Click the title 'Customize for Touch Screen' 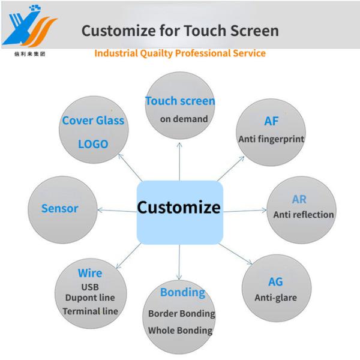point(180,29)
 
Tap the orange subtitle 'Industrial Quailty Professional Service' point(180,53)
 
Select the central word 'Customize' point(179,208)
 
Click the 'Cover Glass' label point(93,120)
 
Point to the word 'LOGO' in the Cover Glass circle point(93,144)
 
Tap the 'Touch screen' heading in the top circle point(180,100)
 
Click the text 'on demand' point(184,118)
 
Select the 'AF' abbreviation point(271,121)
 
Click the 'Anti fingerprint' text point(271,139)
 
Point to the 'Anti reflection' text point(304,214)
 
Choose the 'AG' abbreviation point(275,281)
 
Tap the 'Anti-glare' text point(275,297)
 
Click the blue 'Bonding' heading point(182,292)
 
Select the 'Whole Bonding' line point(180,330)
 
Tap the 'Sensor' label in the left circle point(60,208)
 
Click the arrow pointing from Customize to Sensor point(116,208)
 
